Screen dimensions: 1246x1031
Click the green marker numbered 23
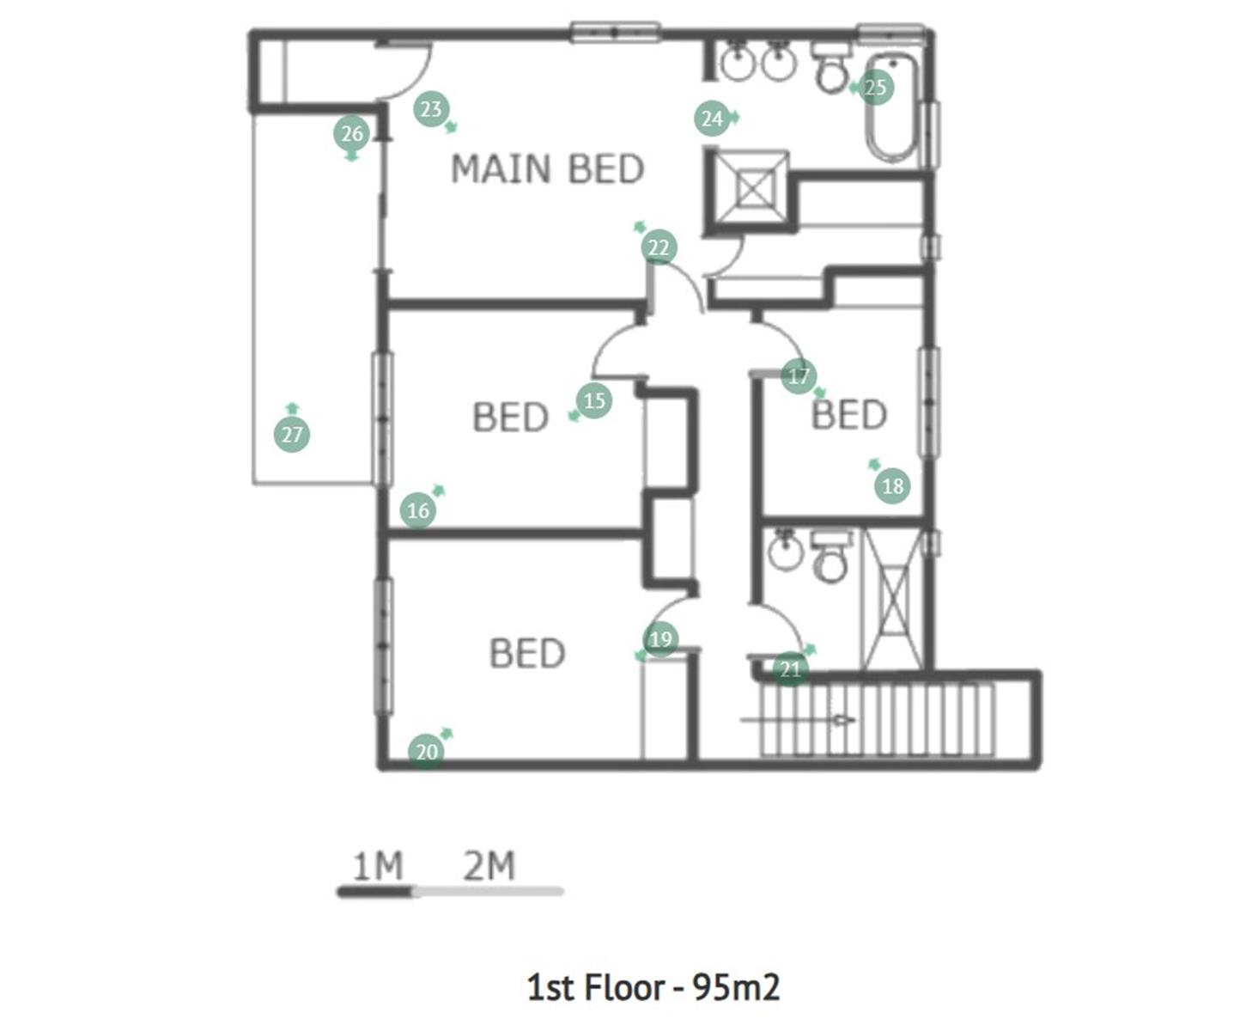click(x=431, y=109)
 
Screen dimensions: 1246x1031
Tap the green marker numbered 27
click(x=292, y=435)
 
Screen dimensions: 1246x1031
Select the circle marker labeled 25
click(x=875, y=88)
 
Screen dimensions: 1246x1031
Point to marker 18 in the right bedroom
click(x=892, y=486)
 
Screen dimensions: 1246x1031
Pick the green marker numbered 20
click(x=427, y=752)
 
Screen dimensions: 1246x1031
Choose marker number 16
click(x=417, y=510)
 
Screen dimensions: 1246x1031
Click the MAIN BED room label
click(x=547, y=169)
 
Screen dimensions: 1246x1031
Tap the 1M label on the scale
click(x=378, y=866)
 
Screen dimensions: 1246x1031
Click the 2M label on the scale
click(x=489, y=866)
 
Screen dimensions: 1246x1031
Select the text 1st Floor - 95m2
click(x=653, y=987)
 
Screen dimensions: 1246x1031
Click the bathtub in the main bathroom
click(x=891, y=107)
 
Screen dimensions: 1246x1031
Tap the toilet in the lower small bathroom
click(x=831, y=557)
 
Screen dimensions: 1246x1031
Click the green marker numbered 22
click(x=659, y=247)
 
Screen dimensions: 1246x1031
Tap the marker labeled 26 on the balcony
click(x=351, y=133)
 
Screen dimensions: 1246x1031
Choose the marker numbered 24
click(x=712, y=119)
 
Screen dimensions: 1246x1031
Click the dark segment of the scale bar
click(x=374, y=892)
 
